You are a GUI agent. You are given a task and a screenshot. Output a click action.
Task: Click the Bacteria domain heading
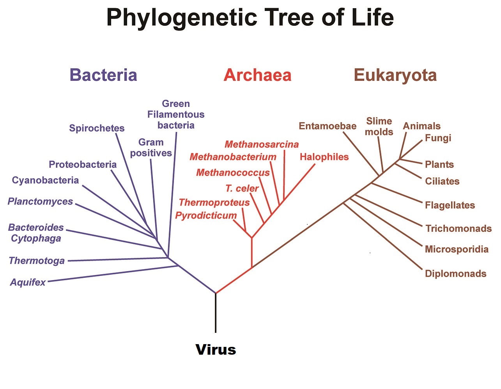[x=103, y=75]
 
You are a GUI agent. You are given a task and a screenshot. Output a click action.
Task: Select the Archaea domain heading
[x=257, y=75]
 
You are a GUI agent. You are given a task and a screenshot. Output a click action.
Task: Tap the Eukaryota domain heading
[x=395, y=75]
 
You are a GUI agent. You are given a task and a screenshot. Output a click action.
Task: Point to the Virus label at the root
[x=216, y=349]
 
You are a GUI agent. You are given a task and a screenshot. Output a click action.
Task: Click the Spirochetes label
[x=97, y=128]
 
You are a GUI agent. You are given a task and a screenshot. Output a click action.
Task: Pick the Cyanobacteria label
[x=45, y=180]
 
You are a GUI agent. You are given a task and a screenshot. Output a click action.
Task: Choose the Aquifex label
[x=28, y=282]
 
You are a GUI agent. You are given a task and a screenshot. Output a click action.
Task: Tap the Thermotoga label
[x=37, y=260]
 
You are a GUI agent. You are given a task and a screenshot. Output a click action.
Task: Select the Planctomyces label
[x=40, y=201]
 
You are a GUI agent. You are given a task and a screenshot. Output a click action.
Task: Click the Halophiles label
[x=324, y=157]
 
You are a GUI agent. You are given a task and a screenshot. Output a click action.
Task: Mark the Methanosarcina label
[x=262, y=144]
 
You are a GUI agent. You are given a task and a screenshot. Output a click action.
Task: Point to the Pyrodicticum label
[x=206, y=215]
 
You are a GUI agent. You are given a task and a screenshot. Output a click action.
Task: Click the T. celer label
[x=242, y=188]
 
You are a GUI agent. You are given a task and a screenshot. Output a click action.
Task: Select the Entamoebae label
[x=328, y=126]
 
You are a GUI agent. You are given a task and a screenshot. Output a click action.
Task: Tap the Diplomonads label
[x=455, y=274]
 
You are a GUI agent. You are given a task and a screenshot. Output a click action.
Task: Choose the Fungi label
[x=438, y=138]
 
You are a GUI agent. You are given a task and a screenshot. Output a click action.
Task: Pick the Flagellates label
[x=450, y=205]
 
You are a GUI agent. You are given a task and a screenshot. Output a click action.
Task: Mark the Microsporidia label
[x=457, y=249]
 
